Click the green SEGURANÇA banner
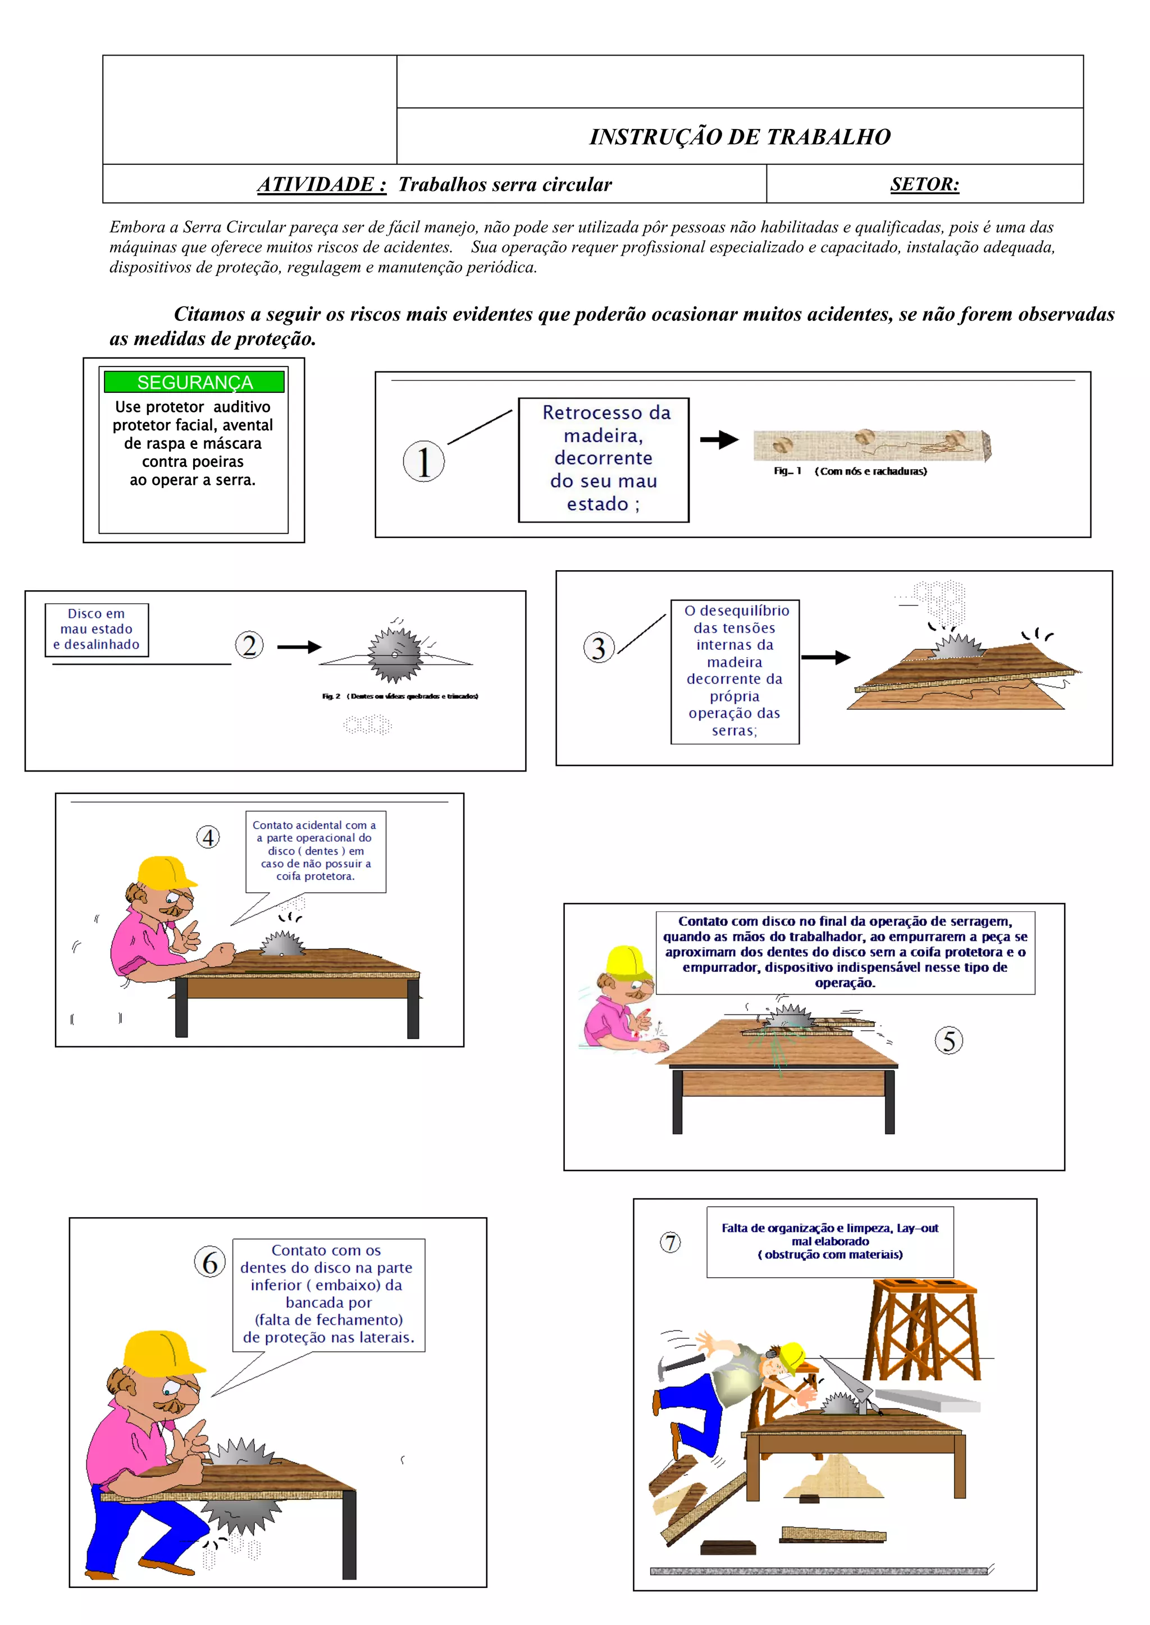tap(194, 382)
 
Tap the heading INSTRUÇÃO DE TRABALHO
tap(740, 136)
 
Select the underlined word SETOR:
tap(925, 184)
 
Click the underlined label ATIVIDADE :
tap(322, 185)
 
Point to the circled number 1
tap(423, 461)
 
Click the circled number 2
tap(249, 645)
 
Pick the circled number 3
tap(599, 648)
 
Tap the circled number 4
tap(208, 837)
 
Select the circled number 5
tap(949, 1040)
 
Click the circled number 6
tap(209, 1263)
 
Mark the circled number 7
tap(670, 1242)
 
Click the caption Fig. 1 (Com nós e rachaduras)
tap(850, 471)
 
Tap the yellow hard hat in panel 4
tap(166, 872)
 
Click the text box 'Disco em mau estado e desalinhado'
tap(97, 629)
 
